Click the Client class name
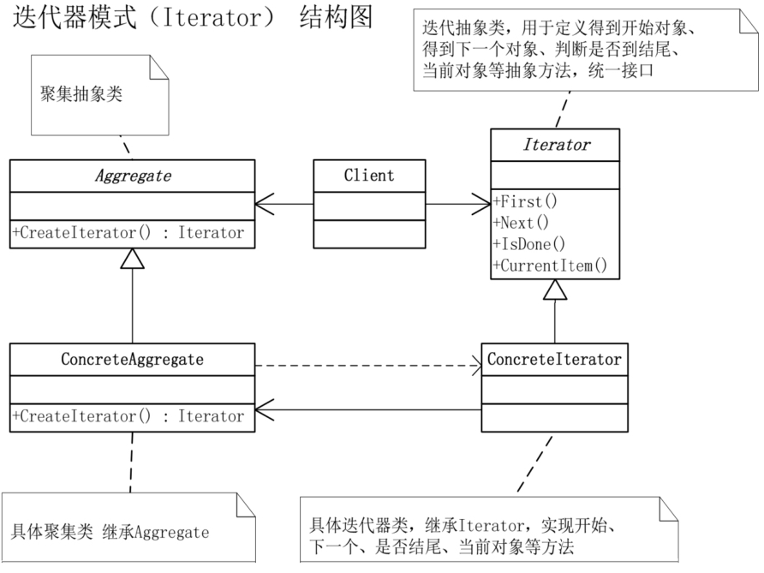[369, 176]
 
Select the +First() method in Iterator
[525, 201]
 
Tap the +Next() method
[521, 223]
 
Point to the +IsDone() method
[528, 244]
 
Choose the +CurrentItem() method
[550, 266]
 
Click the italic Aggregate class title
[133, 176]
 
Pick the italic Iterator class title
[556, 145]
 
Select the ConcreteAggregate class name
[132, 360]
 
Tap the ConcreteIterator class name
[554, 360]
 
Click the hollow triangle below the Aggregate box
[133, 259]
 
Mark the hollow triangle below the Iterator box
[555, 289]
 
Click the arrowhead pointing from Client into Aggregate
[264, 204]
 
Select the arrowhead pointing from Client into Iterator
[481, 204]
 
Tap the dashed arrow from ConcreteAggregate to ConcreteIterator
[368, 366]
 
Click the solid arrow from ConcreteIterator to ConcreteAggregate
[368, 410]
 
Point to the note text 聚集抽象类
[81, 94]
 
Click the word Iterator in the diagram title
[212, 18]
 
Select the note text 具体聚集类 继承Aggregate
[110, 532]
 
